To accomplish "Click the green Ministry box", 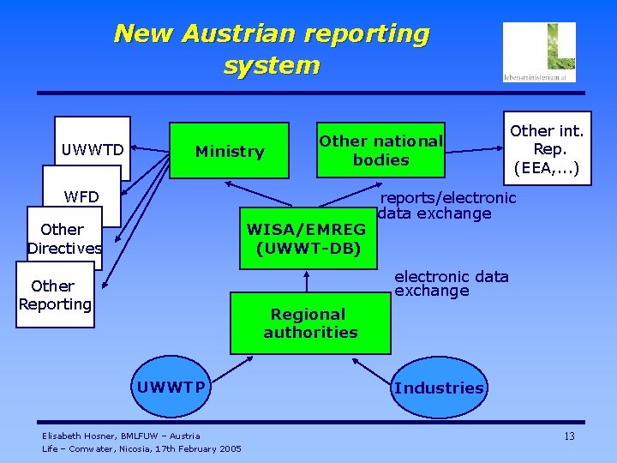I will click(x=230, y=152).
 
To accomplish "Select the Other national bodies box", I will click(x=380, y=150).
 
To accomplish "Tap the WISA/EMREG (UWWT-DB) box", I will click(x=307, y=238).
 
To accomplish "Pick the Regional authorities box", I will click(x=310, y=323).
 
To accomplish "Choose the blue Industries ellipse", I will click(x=439, y=388).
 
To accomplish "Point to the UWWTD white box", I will click(x=93, y=150).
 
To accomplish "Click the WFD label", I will click(x=81, y=197).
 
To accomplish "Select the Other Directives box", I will click(x=63, y=238).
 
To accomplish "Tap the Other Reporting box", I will click(x=55, y=295).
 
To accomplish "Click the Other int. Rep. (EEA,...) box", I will click(x=546, y=150).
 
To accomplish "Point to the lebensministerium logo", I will click(x=539, y=52).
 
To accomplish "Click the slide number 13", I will click(x=569, y=437).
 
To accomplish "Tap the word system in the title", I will click(x=271, y=65).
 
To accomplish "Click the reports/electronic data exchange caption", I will click(x=447, y=206).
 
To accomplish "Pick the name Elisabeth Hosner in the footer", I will click(x=80, y=436).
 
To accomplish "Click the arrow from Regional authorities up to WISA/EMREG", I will click(x=307, y=281).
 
